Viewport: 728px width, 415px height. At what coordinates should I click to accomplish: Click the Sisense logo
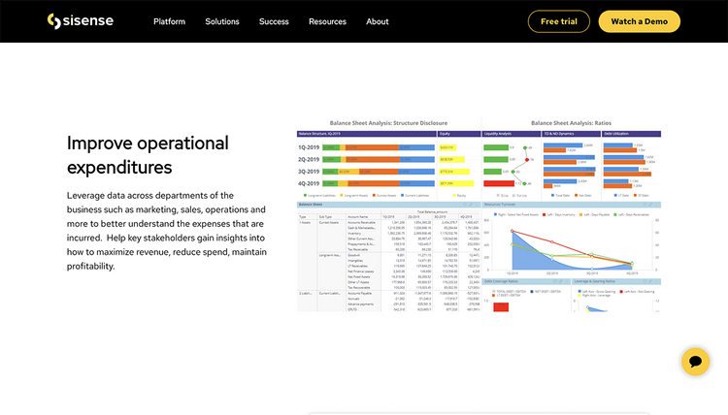(80, 21)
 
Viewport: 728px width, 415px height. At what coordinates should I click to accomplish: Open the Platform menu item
(169, 21)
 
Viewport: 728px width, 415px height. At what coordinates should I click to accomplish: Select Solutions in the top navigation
(222, 21)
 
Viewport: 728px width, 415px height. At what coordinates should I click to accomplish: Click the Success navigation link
(274, 21)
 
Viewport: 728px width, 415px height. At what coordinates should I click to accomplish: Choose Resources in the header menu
(327, 21)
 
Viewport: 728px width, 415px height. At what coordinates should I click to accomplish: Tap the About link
(378, 21)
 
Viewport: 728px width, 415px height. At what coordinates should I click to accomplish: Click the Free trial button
(558, 21)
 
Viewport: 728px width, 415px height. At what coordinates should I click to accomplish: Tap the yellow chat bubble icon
(695, 362)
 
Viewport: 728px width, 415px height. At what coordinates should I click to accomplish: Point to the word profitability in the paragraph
(90, 266)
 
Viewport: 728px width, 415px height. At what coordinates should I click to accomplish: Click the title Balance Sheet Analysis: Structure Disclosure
(388, 123)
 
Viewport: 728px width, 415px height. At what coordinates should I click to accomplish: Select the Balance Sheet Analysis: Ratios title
(573, 123)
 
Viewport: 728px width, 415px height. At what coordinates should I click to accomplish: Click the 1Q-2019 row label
(310, 147)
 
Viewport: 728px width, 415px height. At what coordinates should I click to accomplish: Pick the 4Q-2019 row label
(310, 182)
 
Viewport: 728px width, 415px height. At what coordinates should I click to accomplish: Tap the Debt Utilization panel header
(617, 133)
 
